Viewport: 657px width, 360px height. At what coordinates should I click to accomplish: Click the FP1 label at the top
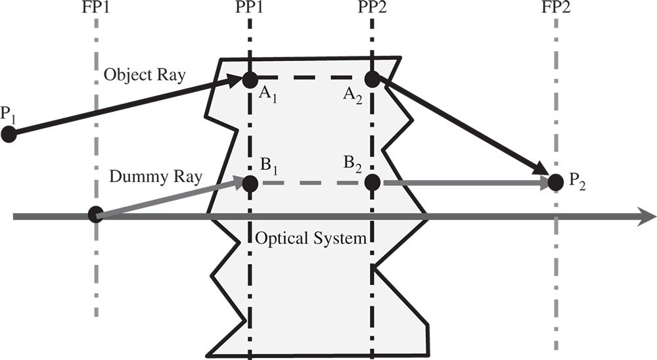click(x=97, y=9)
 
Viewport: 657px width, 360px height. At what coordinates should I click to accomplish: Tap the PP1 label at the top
click(x=250, y=9)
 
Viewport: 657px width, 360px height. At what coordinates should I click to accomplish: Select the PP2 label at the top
click(x=373, y=9)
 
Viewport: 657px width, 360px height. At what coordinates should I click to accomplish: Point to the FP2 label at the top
click(x=556, y=9)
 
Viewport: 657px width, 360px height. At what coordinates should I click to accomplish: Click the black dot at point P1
click(x=9, y=134)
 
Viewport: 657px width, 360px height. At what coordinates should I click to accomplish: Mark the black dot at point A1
click(x=250, y=80)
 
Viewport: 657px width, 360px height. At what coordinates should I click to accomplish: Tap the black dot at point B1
click(x=250, y=183)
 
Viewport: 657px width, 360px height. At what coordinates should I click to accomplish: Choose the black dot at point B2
click(x=372, y=183)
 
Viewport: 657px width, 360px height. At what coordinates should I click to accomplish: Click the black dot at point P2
click(x=555, y=182)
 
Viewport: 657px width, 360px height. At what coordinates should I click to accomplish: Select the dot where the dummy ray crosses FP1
click(x=96, y=214)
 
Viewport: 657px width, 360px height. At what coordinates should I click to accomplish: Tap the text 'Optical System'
click(x=311, y=238)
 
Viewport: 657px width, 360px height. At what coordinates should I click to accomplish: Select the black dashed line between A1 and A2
click(x=311, y=79)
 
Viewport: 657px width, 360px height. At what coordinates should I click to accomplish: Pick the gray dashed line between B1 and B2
click(x=311, y=183)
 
